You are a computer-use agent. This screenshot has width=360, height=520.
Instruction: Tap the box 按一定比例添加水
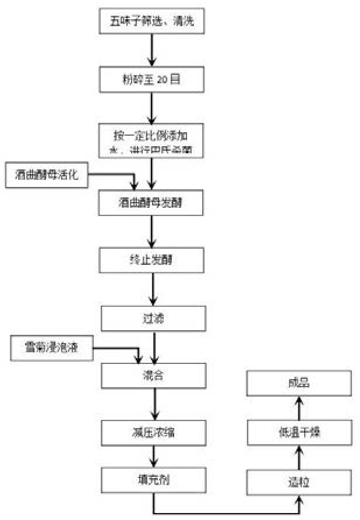pyautogui.click(x=152, y=142)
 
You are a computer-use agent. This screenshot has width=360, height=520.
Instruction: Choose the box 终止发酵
pyautogui.click(x=152, y=260)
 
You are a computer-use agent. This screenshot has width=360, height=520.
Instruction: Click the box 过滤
pyautogui.click(x=154, y=319)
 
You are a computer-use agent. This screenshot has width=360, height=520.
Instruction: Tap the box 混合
pyautogui.click(x=154, y=376)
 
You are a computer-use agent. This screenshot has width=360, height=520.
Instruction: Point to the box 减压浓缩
pyautogui.click(x=154, y=433)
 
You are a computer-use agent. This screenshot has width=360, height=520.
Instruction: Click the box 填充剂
pyautogui.click(x=154, y=480)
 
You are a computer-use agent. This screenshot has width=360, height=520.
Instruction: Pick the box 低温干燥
pyautogui.click(x=298, y=433)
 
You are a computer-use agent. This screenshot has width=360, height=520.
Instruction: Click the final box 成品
pyautogui.click(x=298, y=383)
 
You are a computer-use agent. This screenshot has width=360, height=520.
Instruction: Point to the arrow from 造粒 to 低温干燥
pyautogui.click(x=298, y=458)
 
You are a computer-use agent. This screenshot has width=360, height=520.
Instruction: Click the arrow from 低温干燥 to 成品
pyautogui.click(x=298, y=408)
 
